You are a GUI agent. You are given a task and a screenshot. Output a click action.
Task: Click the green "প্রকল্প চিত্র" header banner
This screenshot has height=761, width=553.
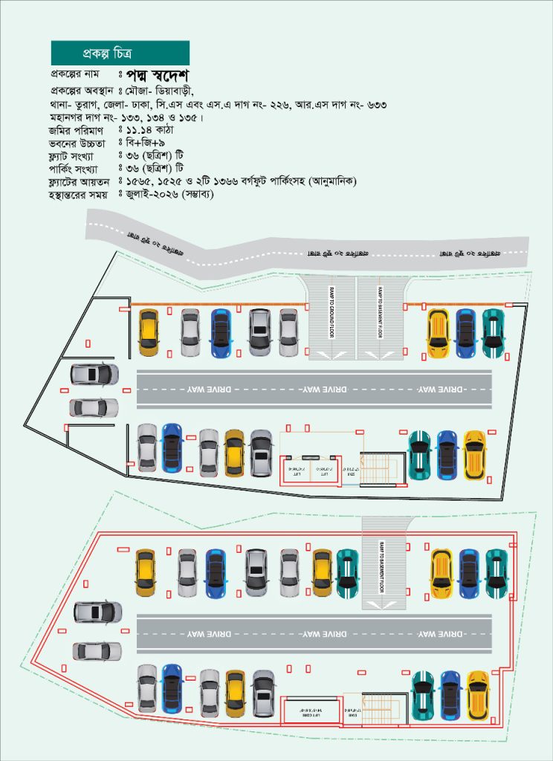point(120,53)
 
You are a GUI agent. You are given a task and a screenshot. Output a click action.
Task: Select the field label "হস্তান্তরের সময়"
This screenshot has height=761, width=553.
point(80,194)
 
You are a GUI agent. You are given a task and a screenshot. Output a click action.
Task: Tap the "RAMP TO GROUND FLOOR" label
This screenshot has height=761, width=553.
point(332,312)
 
